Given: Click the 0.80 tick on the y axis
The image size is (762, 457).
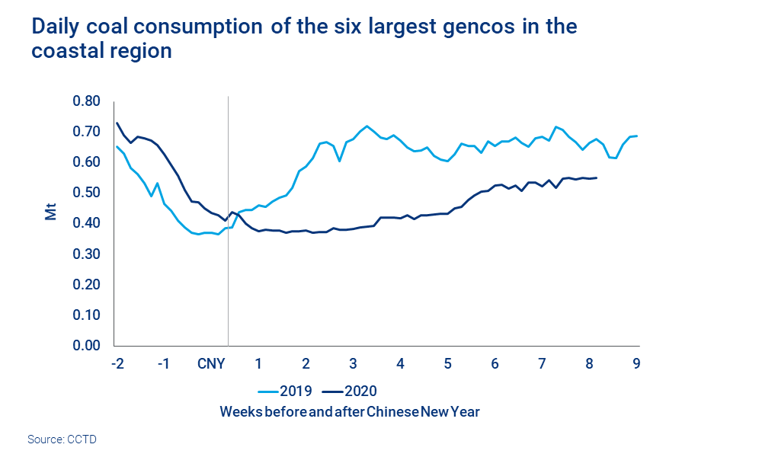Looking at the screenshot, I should [86, 101].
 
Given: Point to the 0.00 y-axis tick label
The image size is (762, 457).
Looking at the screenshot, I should [86, 345].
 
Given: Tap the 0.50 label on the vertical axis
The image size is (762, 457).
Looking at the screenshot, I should [86, 193].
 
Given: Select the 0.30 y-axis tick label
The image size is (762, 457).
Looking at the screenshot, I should [86, 254].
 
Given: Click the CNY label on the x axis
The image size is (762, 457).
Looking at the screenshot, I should [210, 363].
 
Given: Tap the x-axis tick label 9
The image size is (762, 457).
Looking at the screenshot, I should [636, 363].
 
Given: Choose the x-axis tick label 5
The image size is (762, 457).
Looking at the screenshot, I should [447, 363].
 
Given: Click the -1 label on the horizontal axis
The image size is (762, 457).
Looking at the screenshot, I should [163, 363].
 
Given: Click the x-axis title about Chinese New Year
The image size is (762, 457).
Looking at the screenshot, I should [350, 412].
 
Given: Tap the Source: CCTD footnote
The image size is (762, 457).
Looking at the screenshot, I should [62, 439].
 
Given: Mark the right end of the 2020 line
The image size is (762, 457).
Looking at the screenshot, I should [597, 177].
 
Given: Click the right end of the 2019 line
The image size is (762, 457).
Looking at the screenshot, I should [637, 136].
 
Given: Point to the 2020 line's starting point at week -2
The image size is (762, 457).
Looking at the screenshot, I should [117, 123].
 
